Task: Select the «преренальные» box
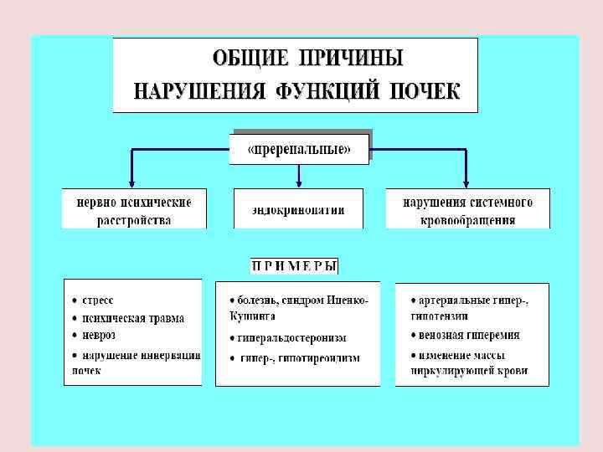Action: tap(299, 151)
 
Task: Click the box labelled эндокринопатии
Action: tap(298, 208)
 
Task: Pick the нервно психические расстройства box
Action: tap(134, 210)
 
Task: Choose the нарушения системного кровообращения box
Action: tap(467, 210)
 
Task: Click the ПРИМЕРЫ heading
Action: tap(294, 266)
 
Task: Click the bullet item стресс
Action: tap(98, 300)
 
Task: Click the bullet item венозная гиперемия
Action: tap(465, 335)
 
